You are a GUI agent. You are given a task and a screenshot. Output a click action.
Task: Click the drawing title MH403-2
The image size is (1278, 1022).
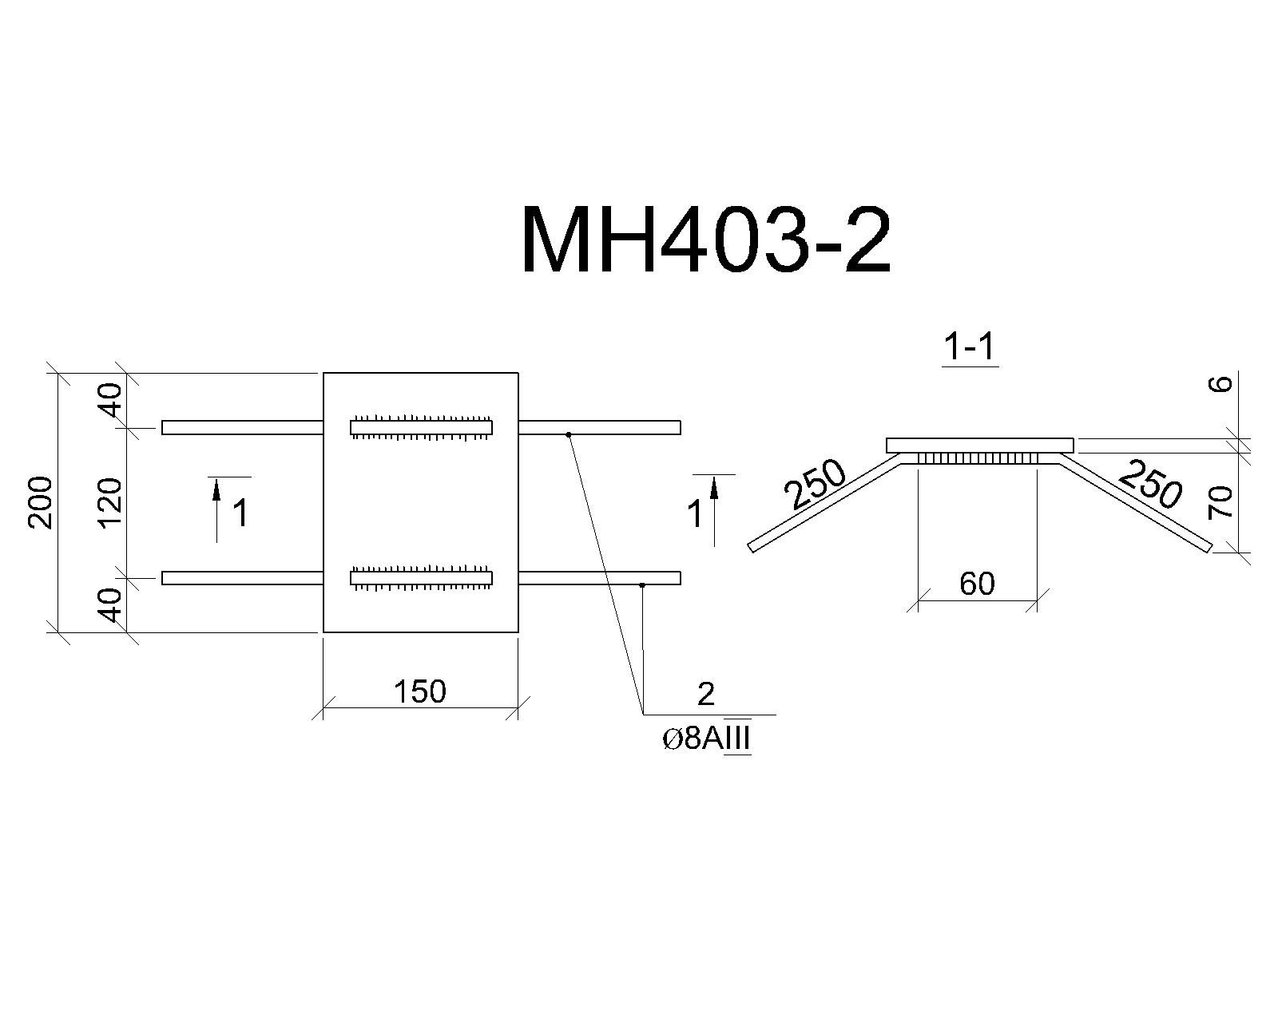tap(706, 240)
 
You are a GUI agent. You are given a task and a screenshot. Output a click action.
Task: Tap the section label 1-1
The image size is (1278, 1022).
tap(969, 347)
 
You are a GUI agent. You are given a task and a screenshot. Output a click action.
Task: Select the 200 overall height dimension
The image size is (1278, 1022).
tap(41, 502)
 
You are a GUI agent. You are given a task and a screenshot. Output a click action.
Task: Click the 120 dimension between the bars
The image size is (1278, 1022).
tap(110, 504)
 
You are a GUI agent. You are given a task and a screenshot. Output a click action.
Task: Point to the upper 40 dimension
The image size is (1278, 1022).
tap(110, 400)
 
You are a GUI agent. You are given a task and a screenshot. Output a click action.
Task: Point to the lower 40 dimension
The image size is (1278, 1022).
tap(110, 605)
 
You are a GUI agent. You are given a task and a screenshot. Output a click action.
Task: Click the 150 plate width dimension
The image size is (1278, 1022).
tap(420, 691)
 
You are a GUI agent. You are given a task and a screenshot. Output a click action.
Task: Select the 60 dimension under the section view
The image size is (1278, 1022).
tap(977, 583)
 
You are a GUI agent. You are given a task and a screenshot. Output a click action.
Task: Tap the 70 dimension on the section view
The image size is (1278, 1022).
tap(1221, 502)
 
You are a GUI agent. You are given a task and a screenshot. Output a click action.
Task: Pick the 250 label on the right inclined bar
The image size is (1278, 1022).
tap(1150, 484)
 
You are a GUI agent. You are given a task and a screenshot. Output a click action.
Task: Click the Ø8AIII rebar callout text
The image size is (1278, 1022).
tap(707, 739)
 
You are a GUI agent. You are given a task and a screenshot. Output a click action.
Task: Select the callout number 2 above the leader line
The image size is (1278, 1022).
tap(705, 694)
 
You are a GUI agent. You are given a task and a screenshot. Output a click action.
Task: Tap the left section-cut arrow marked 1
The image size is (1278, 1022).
tap(216, 509)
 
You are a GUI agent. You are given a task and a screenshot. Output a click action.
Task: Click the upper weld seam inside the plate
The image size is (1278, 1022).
tap(421, 427)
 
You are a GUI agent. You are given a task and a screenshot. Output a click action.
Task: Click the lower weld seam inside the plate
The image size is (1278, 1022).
tap(421, 577)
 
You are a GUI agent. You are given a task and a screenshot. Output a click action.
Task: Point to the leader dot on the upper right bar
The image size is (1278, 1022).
tap(569, 434)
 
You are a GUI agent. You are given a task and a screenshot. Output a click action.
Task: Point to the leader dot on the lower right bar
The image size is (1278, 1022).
tap(642, 585)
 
